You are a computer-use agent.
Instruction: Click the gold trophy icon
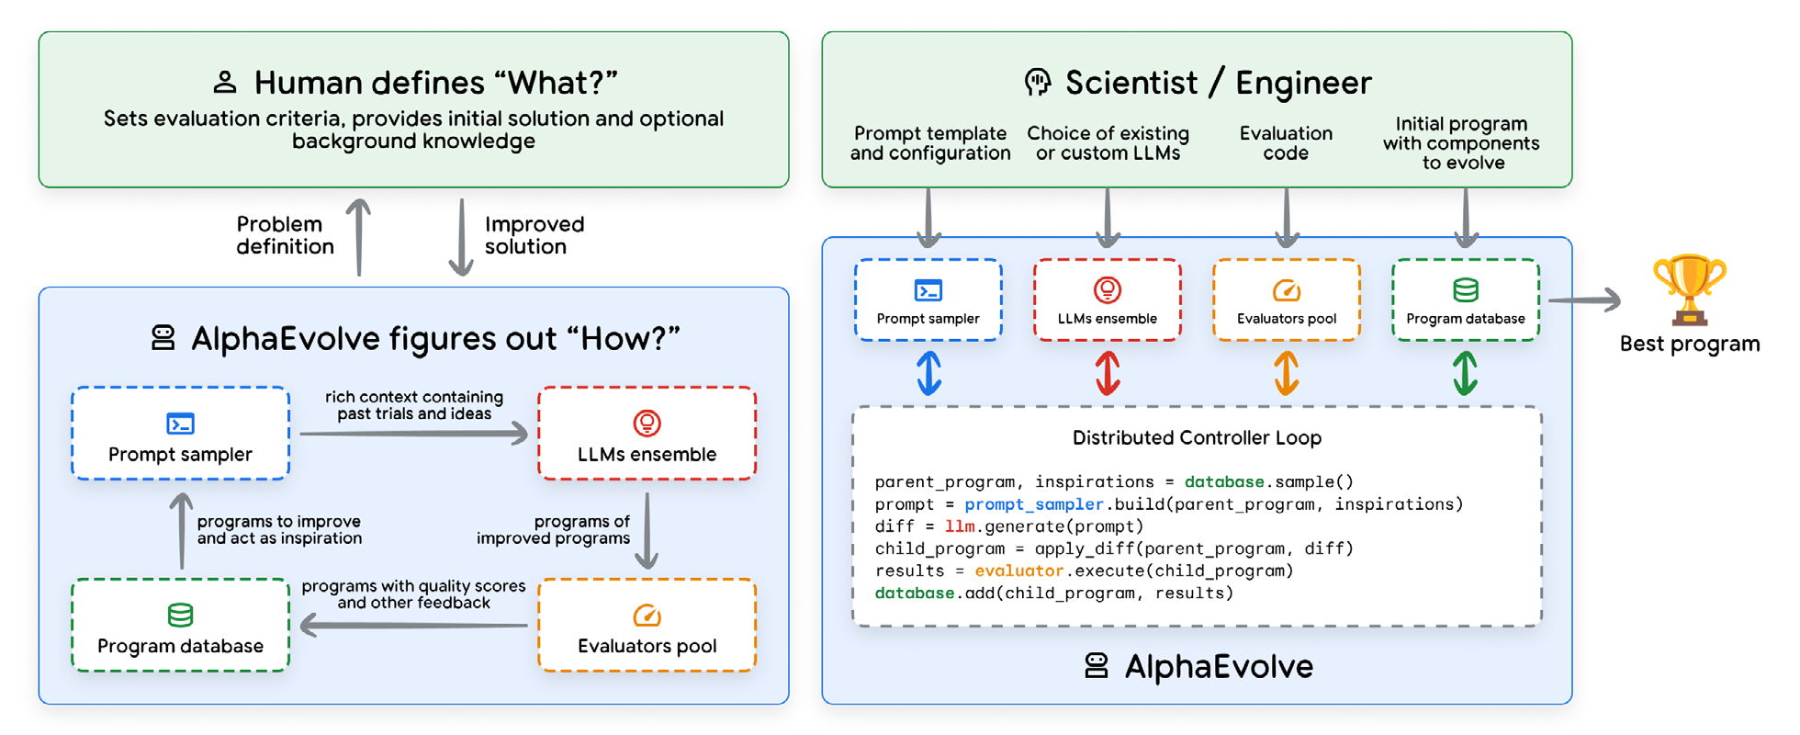pos(1689,289)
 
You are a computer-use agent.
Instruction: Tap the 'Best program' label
pos(1689,345)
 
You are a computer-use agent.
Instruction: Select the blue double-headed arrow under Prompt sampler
pos(928,373)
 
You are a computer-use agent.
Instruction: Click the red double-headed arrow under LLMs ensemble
pos(1108,373)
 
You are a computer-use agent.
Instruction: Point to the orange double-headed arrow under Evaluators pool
pos(1286,373)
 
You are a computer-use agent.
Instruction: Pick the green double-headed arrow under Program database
pos(1465,373)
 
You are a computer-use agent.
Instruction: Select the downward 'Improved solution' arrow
pos(461,237)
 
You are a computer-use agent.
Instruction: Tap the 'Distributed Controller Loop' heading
pos(1197,438)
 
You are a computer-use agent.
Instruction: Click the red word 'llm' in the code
pos(960,526)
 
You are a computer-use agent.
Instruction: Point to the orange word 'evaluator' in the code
pos(1018,571)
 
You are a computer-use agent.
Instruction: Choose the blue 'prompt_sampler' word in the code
pos(1033,504)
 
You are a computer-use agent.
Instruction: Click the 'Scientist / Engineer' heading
pos(1218,83)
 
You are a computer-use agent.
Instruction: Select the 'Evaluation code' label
pos(1286,143)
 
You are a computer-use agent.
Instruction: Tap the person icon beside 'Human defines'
pos(225,83)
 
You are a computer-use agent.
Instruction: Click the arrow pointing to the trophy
pos(1584,300)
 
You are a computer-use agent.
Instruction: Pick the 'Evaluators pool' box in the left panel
pos(647,626)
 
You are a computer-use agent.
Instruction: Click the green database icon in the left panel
pos(180,615)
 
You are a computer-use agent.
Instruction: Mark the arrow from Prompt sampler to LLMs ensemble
pos(413,433)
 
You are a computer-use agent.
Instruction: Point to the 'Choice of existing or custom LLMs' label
pos(1108,143)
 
